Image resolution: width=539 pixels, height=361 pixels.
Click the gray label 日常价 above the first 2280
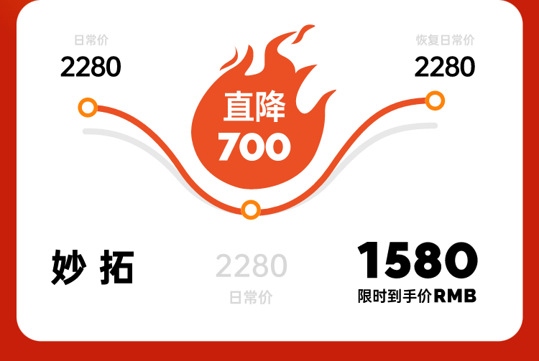pos(91,40)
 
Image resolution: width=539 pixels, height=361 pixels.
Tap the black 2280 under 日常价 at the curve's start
pos(91,67)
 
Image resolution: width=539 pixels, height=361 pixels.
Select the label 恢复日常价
pos(445,40)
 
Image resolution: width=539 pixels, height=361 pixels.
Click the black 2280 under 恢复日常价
pos(445,67)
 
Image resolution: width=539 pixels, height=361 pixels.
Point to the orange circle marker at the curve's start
pos(88,108)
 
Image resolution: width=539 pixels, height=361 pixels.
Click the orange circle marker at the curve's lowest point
pos(251,210)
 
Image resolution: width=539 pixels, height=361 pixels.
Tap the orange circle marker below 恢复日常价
pos(435,100)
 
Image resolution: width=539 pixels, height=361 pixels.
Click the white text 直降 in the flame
pos(254,107)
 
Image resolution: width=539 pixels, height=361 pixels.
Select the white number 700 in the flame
pos(254,147)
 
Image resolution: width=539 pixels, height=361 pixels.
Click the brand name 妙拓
pos(92,267)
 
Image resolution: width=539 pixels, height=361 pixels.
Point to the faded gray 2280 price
pos(252,266)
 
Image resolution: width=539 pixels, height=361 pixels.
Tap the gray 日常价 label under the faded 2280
pos(251,297)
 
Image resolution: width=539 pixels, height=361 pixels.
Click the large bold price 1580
pos(418,260)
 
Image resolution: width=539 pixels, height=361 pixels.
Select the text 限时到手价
pos(395,296)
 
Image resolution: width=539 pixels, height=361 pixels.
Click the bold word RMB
pos(455,296)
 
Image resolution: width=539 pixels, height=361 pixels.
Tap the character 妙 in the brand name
pos(68,267)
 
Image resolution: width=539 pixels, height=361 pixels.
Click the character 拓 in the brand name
pos(116,268)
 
